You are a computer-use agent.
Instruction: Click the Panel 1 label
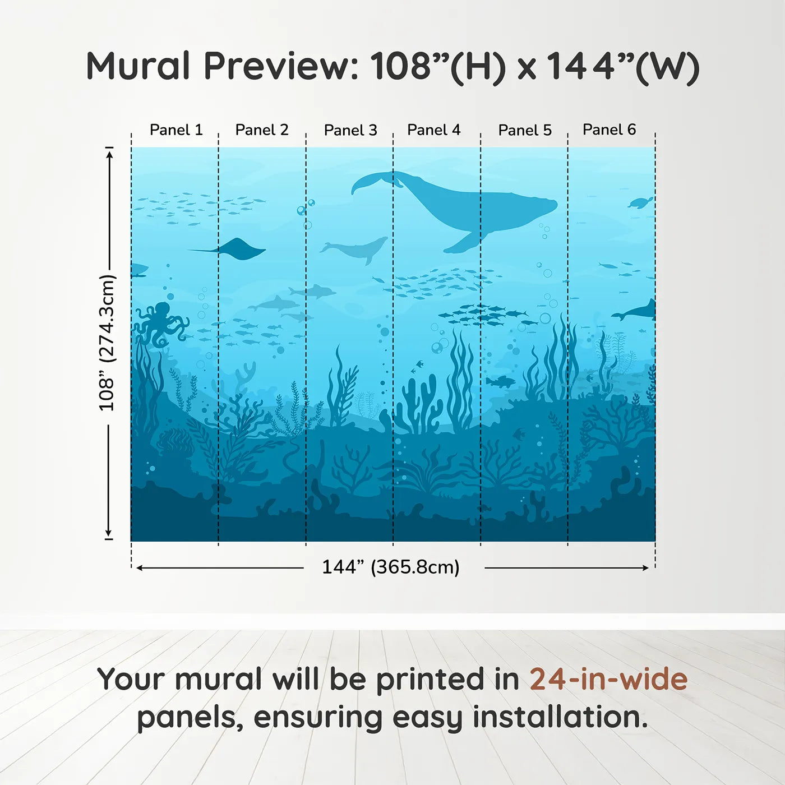coord(176,130)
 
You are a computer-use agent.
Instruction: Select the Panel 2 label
coord(262,130)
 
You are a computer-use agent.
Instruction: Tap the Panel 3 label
coord(350,130)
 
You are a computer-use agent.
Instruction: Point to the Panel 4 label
coord(434,130)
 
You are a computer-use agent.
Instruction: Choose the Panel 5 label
coord(525,130)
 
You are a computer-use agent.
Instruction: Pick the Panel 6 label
coord(609,130)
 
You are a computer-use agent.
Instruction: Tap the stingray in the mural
coord(235,249)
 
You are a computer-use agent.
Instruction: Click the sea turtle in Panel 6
coord(640,202)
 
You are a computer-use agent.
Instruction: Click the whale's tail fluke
coord(373,181)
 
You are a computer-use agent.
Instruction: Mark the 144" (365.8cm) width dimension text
coord(391,567)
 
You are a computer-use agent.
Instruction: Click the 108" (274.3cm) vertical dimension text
coord(107,343)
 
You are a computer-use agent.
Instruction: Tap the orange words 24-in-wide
coord(608,679)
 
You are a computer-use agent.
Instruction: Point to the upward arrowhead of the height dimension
coord(109,153)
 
